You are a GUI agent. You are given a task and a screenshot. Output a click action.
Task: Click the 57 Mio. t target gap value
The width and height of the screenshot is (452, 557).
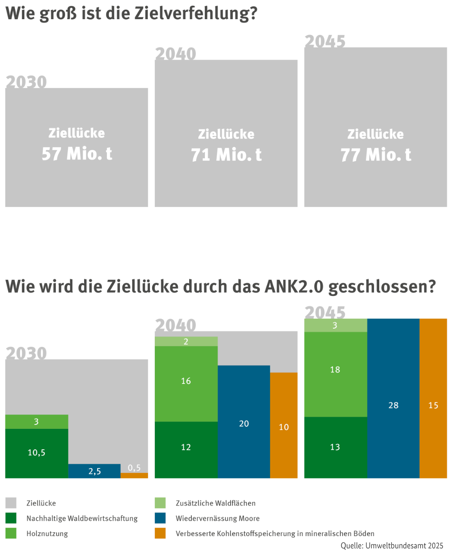click(x=77, y=154)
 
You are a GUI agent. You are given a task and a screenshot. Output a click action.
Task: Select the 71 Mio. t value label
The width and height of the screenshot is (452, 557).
click(x=226, y=155)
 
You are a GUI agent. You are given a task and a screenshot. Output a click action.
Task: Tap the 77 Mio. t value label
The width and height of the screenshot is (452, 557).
click(x=376, y=155)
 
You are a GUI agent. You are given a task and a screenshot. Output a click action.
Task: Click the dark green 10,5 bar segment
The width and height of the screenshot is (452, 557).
click(x=37, y=453)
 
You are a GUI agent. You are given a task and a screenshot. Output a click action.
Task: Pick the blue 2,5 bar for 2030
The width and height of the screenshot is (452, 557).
click(x=95, y=471)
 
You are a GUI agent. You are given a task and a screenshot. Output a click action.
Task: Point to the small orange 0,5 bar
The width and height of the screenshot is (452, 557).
click(x=134, y=475)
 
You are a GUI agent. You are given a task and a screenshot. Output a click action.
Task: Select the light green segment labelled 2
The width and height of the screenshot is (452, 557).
click(x=186, y=342)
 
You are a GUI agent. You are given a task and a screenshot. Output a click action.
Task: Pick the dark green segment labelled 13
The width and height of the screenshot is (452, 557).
click(x=335, y=448)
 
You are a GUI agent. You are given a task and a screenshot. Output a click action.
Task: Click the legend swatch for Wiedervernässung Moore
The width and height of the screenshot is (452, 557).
click(x=160, y=518)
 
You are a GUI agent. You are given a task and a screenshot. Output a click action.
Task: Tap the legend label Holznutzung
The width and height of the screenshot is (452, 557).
click(x=47, y=533)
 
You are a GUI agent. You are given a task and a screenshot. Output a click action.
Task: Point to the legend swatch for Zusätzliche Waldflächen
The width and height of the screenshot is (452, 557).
click(x=160, y=503)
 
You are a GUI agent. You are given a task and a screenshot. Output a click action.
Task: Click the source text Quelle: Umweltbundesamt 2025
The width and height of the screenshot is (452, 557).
click(x=392, y=546)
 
